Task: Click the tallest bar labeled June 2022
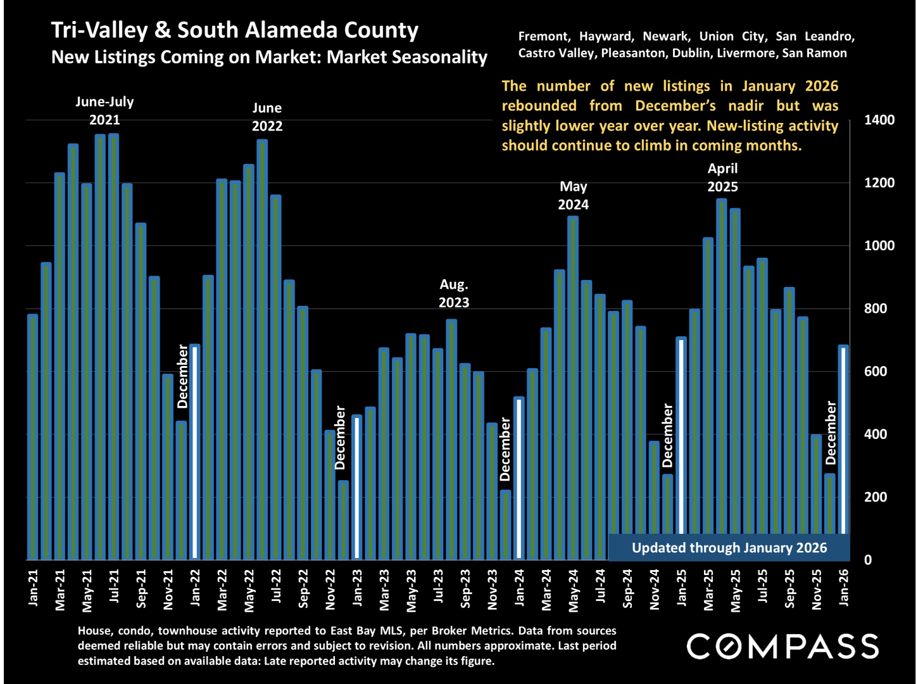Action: (x=262, y=348)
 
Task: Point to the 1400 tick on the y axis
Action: (x=879, y=120)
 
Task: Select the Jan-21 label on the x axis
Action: (x=33, y=588)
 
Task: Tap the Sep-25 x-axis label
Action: (x=789, y=588)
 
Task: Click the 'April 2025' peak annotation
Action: (x=722, y=177)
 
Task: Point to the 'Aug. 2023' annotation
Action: (x=454, y=293)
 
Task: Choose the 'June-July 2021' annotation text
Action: (x=104, y=110)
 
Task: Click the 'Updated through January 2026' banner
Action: (x=729, y=548)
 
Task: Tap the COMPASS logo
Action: (x=783, y=647)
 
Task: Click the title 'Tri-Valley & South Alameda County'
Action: (x=235, y=30)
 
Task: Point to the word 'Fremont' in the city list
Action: (x=543, y=37)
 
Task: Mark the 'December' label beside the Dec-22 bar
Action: (x=340, y=438)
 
